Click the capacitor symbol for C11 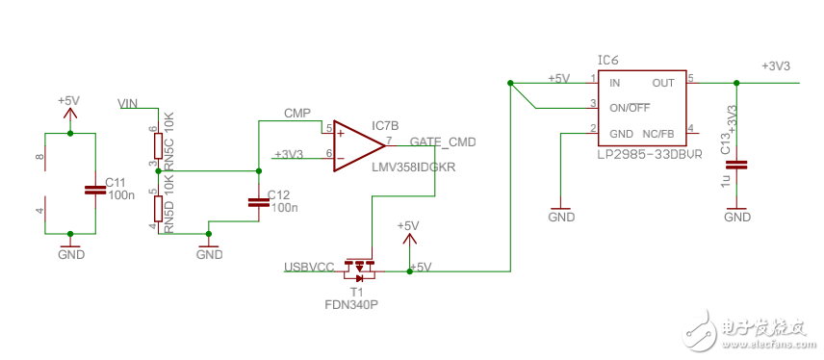click(x=93, y=190)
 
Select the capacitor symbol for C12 click(x=258, y=202)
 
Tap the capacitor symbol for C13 click(x=736, y=165)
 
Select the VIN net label click(x=129, y=103)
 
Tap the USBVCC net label click(x=308, y=266)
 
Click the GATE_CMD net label click(x=443, y=141)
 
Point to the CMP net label click(x=296, y=113)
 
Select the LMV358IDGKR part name click(x=413, y=167)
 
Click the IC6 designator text click(x=608, y=60)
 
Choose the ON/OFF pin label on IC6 click(x=631, y=106)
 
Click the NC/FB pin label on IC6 click(x=657, y=133)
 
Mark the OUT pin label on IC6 click(x=663, y=84)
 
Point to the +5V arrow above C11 click(x=69, y=111)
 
